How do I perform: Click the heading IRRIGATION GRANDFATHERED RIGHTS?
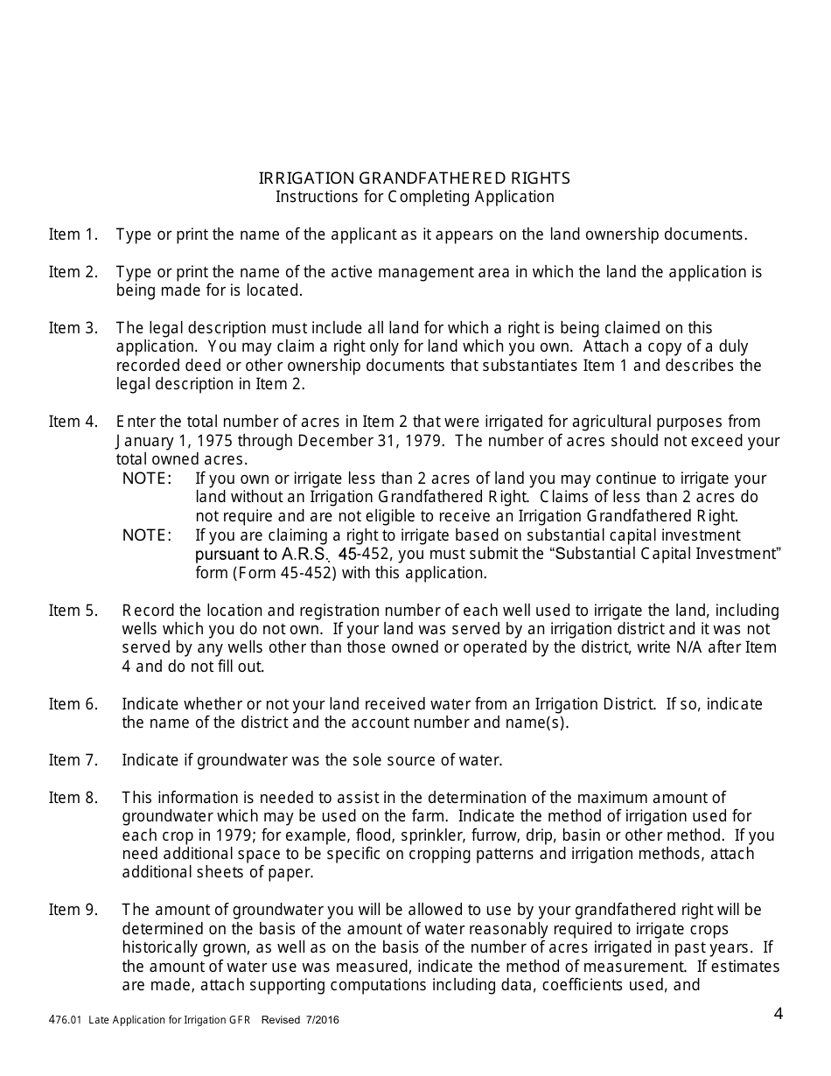point(415,178)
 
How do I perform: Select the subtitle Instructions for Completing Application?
point(415,197)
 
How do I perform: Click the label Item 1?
point(73,234)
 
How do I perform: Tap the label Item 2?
point(73,272)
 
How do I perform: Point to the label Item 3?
point(73,328)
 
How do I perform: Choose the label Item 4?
point(73,422)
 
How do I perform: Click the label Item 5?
point(73,611)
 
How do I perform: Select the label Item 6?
point(73,704)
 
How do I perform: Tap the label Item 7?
point(73,760)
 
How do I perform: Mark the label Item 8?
point(73,797)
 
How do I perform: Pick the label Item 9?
point(73,910)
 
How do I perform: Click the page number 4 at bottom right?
point(778,1015)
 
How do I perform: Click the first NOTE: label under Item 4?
point(147,479)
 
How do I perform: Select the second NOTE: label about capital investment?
point(147,535)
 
